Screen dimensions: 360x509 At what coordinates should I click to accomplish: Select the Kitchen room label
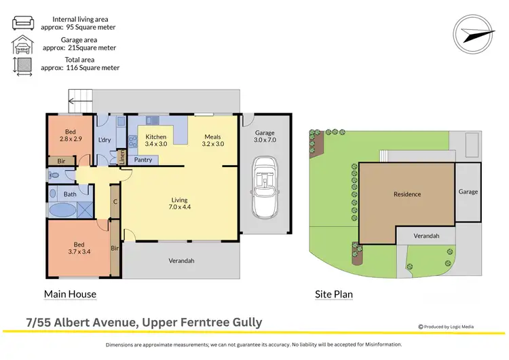pos(156,140)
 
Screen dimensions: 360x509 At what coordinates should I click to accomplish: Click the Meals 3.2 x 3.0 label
pos(212,140)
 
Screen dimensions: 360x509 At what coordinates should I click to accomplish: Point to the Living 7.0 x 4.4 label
pos(179,204)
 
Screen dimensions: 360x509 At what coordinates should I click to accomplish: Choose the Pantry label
pos(143,160)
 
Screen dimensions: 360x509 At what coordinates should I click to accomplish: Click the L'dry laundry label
pos(105,140)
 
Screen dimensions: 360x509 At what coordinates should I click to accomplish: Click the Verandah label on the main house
pos(181,261)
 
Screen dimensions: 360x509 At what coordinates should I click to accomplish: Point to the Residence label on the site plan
pos(407,194)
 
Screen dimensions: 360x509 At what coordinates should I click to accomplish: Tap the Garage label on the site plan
pos(468,192)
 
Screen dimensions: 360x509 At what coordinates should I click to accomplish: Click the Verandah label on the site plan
pos(426,236)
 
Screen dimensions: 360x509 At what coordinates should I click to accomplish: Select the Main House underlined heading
pos(70,294)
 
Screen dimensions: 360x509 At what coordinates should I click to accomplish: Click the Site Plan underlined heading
pos(334,294)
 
